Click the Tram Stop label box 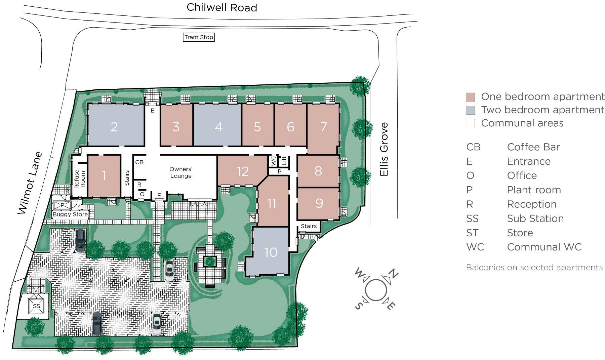tap(199, 37)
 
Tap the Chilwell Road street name tap(222, 7)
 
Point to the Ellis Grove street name tap(384, 149)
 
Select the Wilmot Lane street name tap(30, 183)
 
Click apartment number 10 tap(271, 252)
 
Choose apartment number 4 tap(219, 127)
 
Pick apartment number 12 tap(242, 171)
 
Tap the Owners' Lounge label tap(181, 172)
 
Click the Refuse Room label tap(80, 179)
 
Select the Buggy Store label tap(70, 214)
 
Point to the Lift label tap(284, 161)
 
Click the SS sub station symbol tap(36, 306)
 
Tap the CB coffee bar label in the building tap(139, 162)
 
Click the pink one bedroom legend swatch tap(470, 97)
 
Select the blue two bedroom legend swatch tap(470, 110)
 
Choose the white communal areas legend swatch tap(470, 123)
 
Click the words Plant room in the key tap(534, 190)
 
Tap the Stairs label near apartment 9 tap(309, 226)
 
